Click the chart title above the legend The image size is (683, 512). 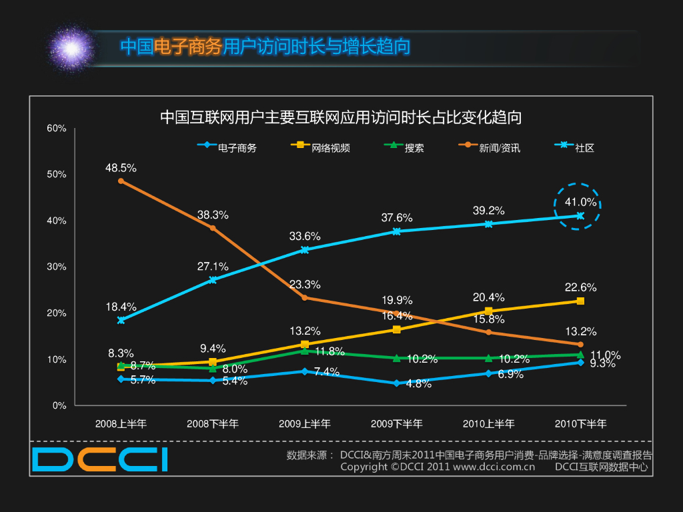341,118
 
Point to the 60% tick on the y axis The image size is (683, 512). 57,128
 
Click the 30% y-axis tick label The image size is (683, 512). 57,267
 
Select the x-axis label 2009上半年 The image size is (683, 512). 304,424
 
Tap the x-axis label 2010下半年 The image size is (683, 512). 580,424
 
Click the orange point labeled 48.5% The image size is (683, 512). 121,181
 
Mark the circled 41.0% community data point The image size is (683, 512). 580,215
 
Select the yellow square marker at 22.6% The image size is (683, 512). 580,301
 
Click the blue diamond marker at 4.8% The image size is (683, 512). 396,383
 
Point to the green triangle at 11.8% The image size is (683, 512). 305,351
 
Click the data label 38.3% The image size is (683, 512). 213,215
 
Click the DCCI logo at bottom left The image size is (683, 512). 100,460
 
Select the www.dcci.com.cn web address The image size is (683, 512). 494,467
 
